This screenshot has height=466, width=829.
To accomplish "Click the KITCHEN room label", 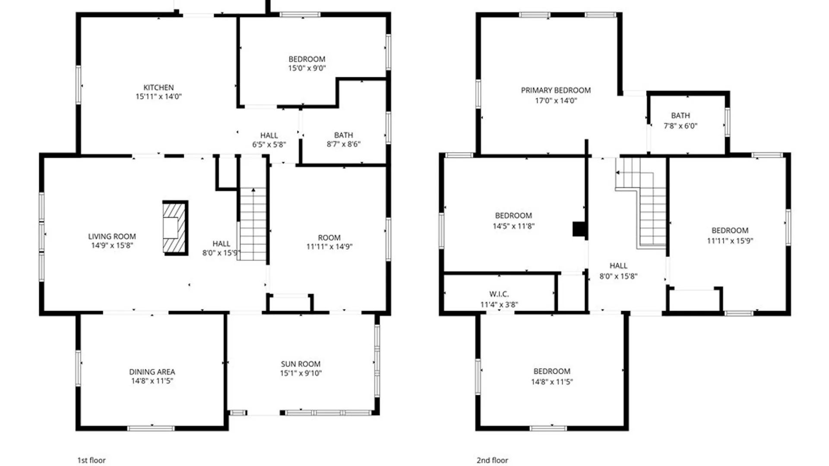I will point(158,88).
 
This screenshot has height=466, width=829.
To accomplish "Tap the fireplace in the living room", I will point(175,228).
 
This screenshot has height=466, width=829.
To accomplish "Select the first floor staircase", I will point(253,224).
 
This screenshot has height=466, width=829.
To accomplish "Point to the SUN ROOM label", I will point(301,364).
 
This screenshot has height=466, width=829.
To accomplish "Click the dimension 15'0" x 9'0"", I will point(307,68).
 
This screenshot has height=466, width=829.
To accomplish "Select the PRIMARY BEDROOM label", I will point(556,91).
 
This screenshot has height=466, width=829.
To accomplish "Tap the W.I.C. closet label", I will point(499,294).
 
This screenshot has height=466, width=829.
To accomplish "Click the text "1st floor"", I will point(91,460).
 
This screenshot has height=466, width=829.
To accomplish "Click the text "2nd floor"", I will point(492,460).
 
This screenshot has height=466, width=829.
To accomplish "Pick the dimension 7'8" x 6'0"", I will point(680,126).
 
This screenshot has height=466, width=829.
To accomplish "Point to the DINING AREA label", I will point(152,372).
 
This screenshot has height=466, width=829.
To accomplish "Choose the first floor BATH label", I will point(343,135).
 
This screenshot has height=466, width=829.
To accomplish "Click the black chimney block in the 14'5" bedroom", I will point(579,229).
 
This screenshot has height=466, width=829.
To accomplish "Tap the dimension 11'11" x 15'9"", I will point(730,241).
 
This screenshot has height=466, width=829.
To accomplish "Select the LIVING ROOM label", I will point(112,236).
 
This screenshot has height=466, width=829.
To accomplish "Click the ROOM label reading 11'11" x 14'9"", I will point(329,238).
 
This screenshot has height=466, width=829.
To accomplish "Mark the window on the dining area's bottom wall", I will point(151,428).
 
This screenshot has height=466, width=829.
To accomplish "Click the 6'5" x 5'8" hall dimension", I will point(269,145).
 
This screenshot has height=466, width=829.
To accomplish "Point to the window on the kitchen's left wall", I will point(78,85).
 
